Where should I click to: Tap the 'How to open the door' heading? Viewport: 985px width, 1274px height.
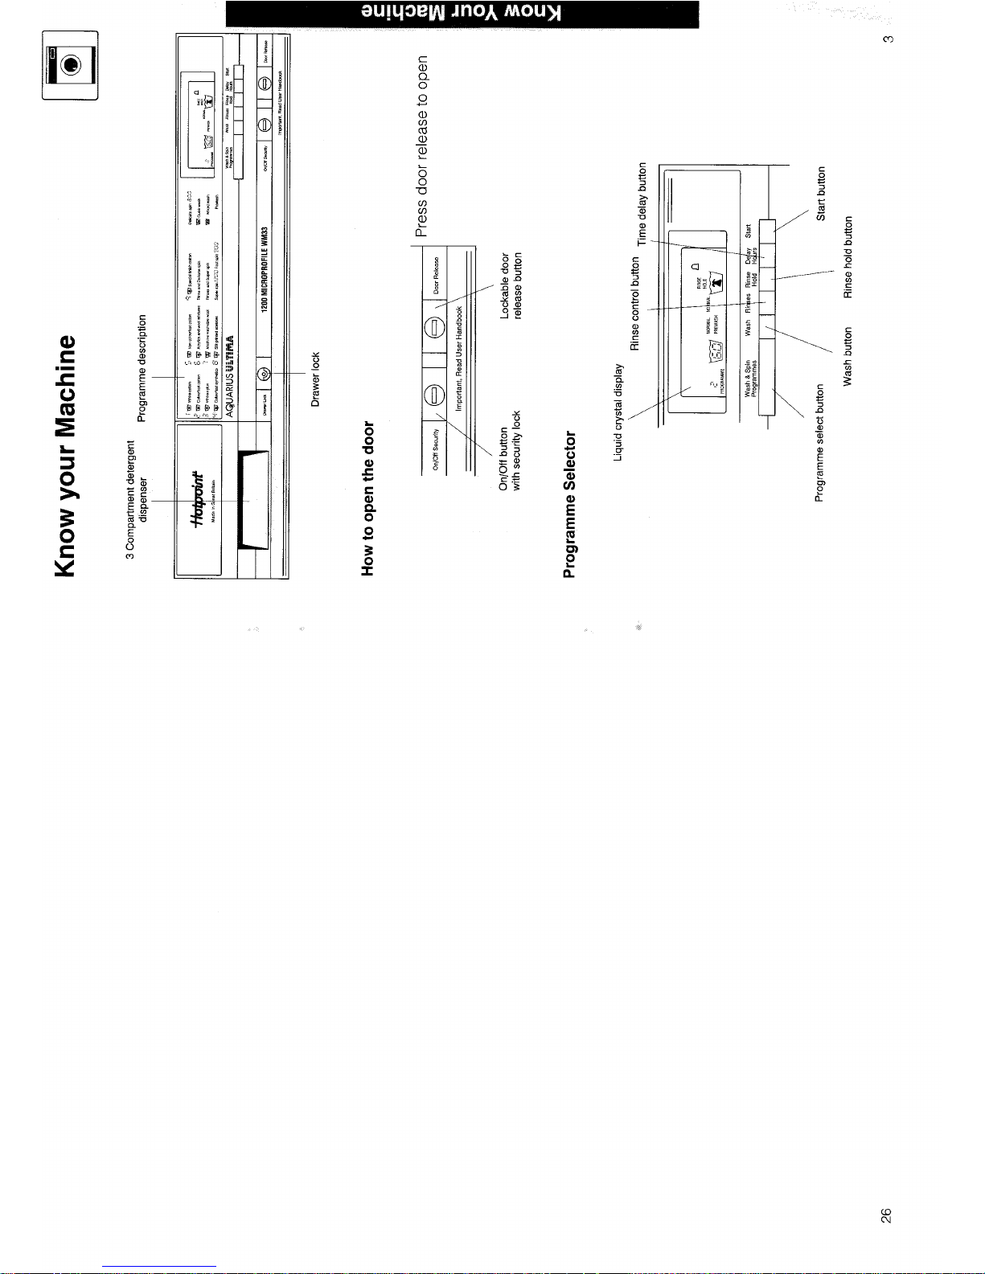[x=369, y=498]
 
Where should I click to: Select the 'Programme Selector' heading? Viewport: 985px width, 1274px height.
[x=570, y=505]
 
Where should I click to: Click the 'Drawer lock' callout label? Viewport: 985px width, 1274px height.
[x=315, y=379]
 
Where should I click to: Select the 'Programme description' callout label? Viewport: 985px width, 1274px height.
[x=142, y=367]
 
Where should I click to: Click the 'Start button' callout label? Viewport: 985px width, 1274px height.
[x=821, y=194]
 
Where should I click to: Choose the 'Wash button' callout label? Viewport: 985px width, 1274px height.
[x=848, y=357]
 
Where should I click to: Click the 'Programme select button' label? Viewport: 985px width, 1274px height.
[x=820, y=443]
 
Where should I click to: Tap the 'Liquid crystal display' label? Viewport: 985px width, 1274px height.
[x=618, y=413]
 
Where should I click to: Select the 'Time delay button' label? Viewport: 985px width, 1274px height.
[x=642, y=204]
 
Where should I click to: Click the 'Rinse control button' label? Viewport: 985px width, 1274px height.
[x=635, y=305]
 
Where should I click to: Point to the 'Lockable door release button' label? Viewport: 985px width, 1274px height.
[x=511, y=286]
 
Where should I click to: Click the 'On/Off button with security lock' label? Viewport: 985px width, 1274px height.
[x=511, y=450]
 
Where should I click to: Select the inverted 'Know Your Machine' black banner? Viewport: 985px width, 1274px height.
[x=462, y=14]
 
